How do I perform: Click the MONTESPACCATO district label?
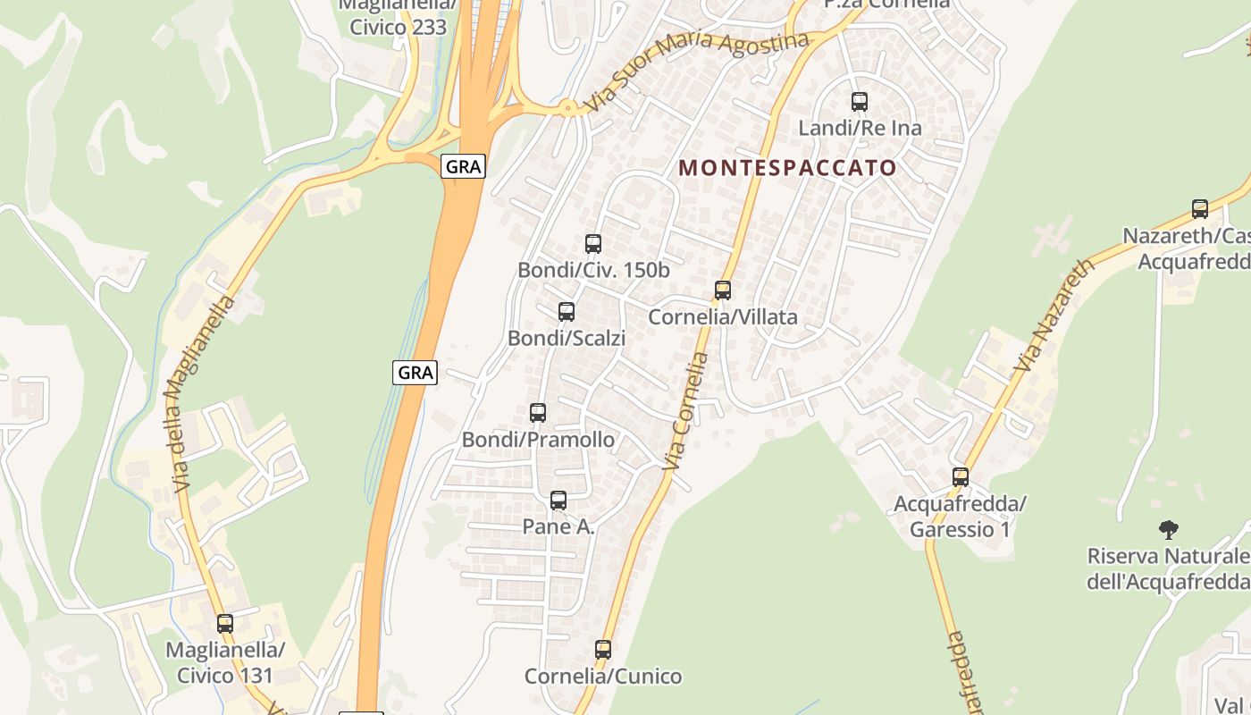787,168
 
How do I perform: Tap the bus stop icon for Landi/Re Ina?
860,102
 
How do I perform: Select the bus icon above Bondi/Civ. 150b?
592,243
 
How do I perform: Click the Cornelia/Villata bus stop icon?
722,290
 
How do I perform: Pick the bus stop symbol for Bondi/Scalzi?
566,312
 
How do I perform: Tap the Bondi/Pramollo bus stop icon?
537,413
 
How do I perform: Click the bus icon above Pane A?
558,500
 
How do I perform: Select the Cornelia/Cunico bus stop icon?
603,650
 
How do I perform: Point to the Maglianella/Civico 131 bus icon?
225,624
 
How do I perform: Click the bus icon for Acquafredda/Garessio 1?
961,477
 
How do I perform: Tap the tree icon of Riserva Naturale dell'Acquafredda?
1168,530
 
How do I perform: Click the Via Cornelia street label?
686,412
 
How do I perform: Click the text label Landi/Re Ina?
860,128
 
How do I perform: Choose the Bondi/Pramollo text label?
538,440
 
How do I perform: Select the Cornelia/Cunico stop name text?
603,676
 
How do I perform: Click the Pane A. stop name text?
558,527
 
